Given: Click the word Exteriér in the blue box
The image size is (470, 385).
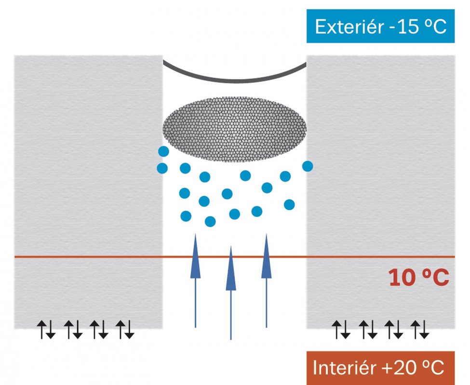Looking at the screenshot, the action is pyautogui.click(x=349, y=26).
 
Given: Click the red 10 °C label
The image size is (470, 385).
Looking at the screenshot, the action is pyautogui.click(x=419, y=278).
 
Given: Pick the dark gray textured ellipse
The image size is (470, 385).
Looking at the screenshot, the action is pyautogui.click(x=234, y=129).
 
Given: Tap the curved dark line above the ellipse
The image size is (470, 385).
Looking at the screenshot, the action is pyautogui.click(x=234, y=80).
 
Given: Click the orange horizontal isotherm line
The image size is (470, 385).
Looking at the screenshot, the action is pyautogui.click(x=235, y=257).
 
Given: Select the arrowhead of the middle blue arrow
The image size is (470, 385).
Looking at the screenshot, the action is pyautogui.click(x=231, y=268).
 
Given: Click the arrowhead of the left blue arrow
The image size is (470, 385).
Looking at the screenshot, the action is pyautogui.click(x=195, y=256).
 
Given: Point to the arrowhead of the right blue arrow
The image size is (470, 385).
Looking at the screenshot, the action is pyautogui.click(x=267, y=256).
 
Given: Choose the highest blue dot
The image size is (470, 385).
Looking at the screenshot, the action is pyautogui.click(x=164, y=152).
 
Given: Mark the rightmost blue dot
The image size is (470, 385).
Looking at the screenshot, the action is pyautogui.click(x=308, y=166).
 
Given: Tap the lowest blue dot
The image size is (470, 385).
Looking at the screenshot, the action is pyautogui.click(x=210, y=221).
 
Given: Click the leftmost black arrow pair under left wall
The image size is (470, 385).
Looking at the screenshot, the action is pyautogui.click(x=46, y=330).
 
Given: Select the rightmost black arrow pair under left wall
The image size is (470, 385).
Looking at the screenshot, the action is pyautogui.click(x=125, y=330).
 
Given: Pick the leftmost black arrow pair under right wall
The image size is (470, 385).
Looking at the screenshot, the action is pyautogui.click(x=341, y=330).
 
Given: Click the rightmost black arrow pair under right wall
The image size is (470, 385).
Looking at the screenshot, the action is pyautogui.click(x=420, y=330).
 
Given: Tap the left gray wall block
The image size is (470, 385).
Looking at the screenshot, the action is pyautogui.click(x=88, y=192).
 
